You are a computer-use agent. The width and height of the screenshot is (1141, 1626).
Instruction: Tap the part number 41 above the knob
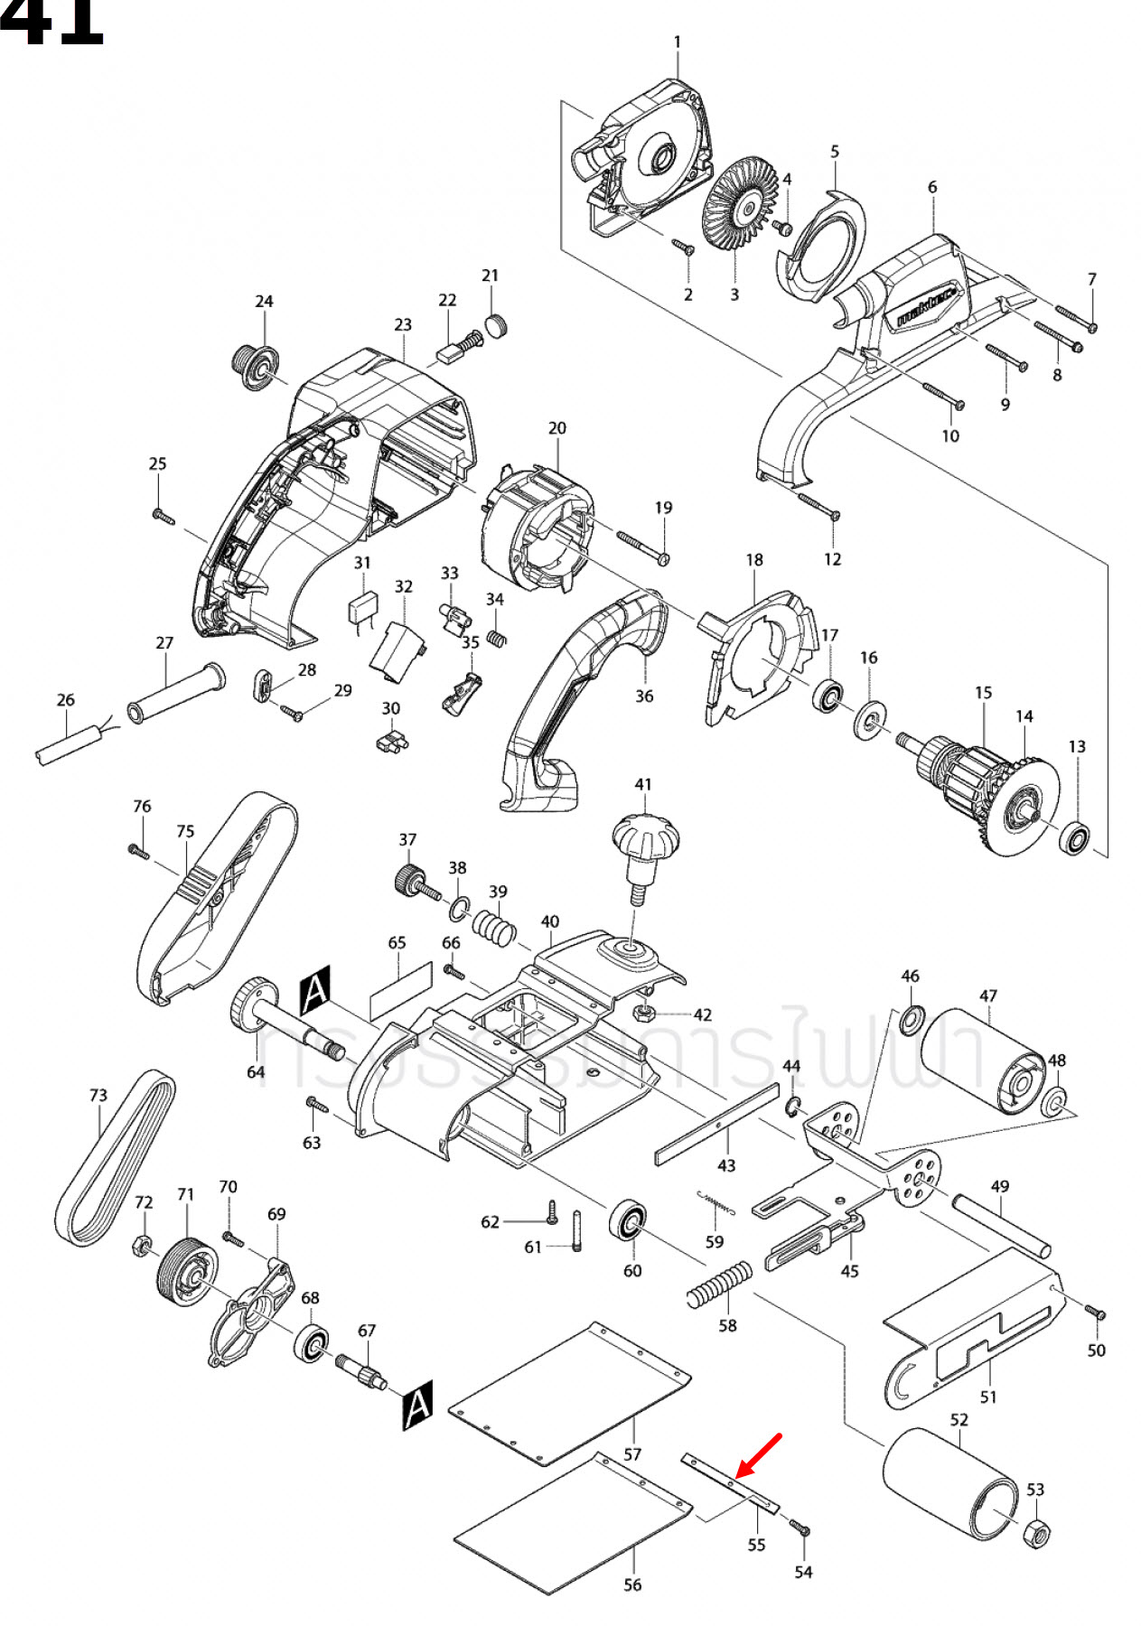point(642,784)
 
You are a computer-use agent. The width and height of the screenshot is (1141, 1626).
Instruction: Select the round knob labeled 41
point(645,836)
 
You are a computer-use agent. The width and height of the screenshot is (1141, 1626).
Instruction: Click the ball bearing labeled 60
point(626,1221)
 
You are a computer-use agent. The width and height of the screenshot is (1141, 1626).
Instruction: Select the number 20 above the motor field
point(557,428)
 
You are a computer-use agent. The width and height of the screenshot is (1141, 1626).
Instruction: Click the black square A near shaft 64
point(315,990)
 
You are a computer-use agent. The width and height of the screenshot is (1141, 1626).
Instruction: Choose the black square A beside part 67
point(417,1405)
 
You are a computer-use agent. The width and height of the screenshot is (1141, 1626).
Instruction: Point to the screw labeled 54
point(800,1528)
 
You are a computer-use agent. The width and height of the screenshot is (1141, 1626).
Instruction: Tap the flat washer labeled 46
point(911,1019)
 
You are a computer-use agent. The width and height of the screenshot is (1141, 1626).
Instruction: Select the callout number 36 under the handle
point(644,696)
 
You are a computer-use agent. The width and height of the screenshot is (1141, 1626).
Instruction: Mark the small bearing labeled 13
point(1075,839)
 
